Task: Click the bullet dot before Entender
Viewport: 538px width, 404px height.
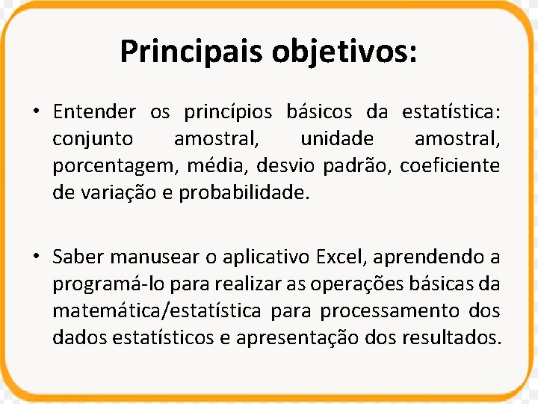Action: point(35,113)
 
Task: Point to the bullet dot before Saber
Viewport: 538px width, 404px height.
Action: point(35,257)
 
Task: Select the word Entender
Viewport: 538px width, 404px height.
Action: point(94,112)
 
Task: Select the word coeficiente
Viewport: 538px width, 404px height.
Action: point(450,165)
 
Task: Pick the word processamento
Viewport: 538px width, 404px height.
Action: point(402,311)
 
